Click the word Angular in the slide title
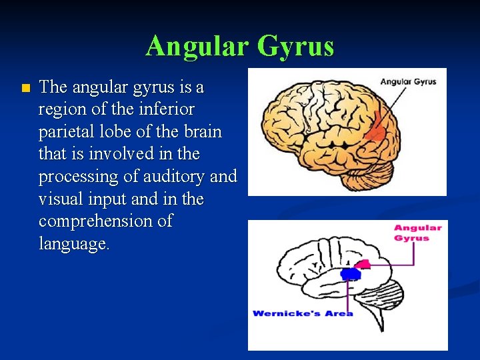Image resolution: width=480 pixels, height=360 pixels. click(195, 46)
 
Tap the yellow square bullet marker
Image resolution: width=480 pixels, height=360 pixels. click(25, 88)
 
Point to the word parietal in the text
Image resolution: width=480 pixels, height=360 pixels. click(67, 131)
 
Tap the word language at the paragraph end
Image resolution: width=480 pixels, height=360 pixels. click(74, 244)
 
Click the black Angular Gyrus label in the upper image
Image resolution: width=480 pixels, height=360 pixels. click(408, 82)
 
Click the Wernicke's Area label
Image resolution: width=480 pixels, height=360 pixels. click(303, 313)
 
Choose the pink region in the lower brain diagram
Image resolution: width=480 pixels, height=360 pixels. click(361, 265)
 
